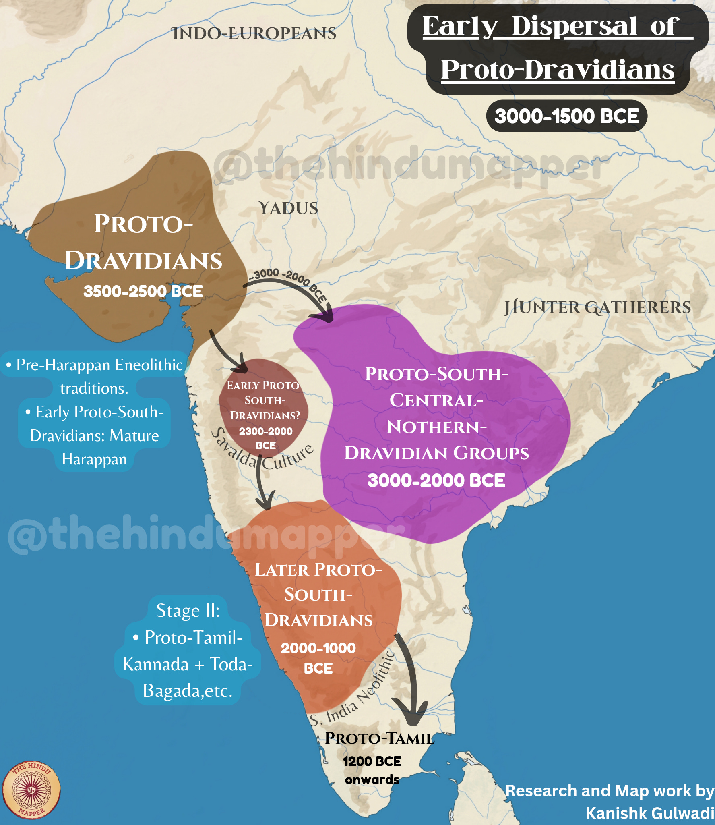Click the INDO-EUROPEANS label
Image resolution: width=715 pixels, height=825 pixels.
[x=254, y=33]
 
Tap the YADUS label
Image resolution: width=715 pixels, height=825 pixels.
[x=288, y=208]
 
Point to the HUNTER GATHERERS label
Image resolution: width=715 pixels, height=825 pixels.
[x=597, y=307]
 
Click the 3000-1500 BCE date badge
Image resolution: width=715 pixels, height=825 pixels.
[x=566, y=116]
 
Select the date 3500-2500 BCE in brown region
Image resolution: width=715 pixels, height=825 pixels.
[x=143, y=291]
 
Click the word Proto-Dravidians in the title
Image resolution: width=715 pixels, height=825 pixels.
[x=558, y=70]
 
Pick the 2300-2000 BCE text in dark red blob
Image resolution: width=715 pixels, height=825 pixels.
[x=266, y=431]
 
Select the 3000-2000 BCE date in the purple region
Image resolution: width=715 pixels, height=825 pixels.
[x=436, y=480]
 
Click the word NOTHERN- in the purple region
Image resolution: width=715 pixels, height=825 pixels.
[x=436, y=427]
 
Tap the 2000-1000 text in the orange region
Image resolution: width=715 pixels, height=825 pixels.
[x=318, y=648]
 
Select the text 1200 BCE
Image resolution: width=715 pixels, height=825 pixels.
[x=372, y=761]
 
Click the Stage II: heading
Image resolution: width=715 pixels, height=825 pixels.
[x=188, y=610]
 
